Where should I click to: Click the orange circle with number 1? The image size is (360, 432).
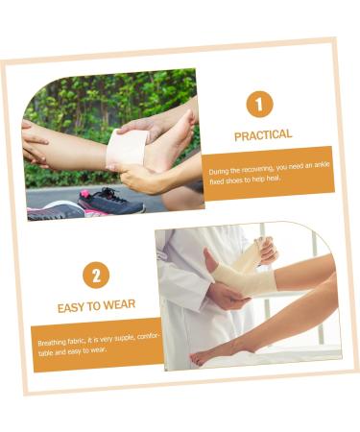259,104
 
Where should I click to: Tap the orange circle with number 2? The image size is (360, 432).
96,276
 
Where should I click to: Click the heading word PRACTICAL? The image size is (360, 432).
263,135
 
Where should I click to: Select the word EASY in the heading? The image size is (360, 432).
70,307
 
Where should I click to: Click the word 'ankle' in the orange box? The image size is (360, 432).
322,165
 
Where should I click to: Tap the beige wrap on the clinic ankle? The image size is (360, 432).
243,276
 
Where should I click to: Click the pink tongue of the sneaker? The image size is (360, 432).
85,194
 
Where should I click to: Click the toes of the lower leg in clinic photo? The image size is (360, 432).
197,357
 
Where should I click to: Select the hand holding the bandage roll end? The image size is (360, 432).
266,250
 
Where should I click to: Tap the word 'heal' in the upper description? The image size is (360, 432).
274,179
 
